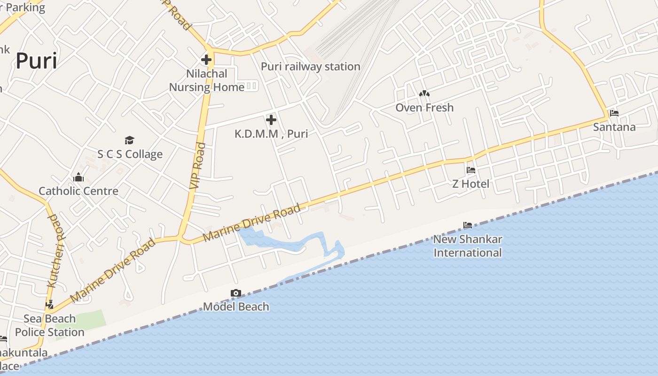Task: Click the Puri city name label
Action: pos(36,61)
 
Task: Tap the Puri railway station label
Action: pos(310,67)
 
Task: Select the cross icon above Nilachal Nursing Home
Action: pos(206,60)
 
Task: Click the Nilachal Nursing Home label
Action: pos(207,80)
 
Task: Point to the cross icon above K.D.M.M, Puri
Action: pos(271,119)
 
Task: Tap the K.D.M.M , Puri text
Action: pos(271,134)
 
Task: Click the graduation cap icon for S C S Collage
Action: pos(130,140)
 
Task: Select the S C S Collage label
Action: pos(130,154)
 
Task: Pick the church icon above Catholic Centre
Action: pos(78,177)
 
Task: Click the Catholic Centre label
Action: pos(78,191)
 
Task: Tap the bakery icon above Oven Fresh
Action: pos(424,94)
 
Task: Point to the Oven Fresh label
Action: pos(424,108)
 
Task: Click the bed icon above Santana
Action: pos(614,113)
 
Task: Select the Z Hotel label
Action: pos(470,184)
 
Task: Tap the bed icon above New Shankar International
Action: pos(467,225)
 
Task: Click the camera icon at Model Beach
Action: pos(236,293)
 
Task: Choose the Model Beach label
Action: pos(236,307)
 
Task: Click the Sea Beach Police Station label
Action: pos(49,325)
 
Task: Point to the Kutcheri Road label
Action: pos(53,251)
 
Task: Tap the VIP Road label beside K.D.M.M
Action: pos(198,165)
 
